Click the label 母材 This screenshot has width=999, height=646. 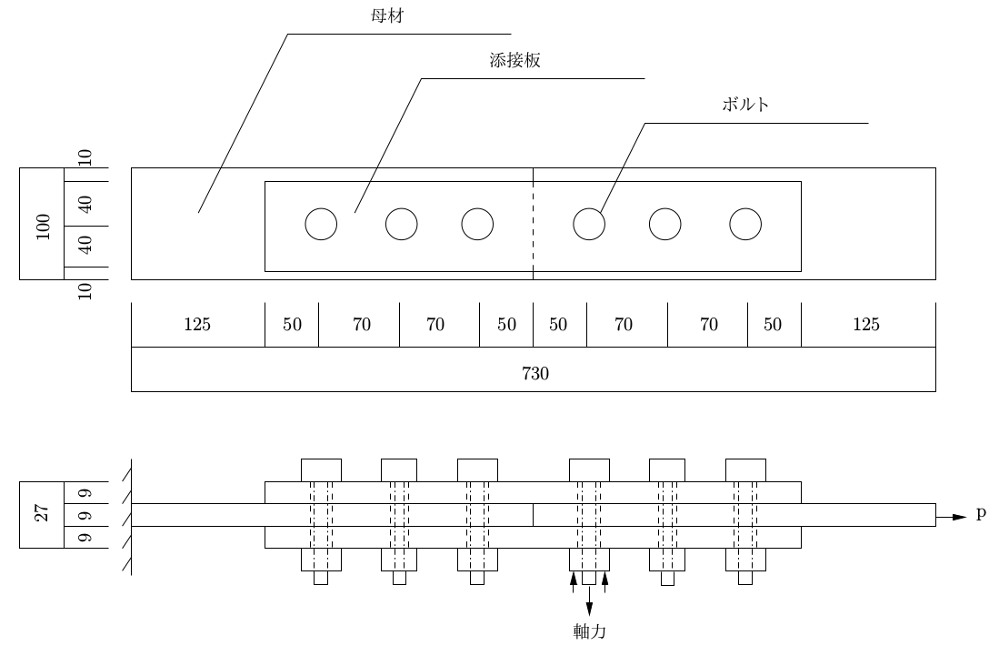click(387, 15)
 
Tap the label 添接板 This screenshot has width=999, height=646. click(514, 60)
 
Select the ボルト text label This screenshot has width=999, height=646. click(744, 105)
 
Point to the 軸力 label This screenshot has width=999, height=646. click(589, 631)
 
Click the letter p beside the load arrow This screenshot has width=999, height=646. click(981, 513)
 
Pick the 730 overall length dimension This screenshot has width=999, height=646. click(535, 373)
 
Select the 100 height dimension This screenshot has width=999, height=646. click(43, 227)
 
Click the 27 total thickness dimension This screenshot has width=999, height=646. click(42, 513)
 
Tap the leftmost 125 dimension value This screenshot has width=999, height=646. click(197, 325)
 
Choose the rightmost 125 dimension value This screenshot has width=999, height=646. click(866, 325)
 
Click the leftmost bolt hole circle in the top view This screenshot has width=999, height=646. click(321, 225)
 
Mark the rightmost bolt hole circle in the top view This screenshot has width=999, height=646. click(745, 225)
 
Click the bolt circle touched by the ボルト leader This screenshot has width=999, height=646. click(589, 225)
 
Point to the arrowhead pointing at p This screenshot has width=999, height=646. click(960, 517)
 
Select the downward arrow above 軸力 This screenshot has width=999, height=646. click(589, 601)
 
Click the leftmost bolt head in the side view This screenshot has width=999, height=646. click(321, 470)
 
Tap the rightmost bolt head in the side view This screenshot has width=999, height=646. click(745, 470)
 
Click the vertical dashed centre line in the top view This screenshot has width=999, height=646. click(534, 223)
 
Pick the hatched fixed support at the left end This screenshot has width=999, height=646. click(127, 517)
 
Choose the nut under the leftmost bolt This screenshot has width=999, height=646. click(321, 560)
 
